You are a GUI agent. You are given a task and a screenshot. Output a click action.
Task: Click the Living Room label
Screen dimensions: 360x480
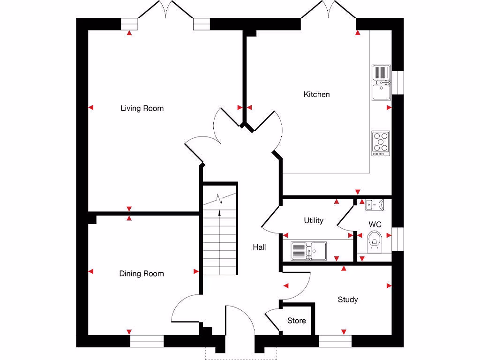142,108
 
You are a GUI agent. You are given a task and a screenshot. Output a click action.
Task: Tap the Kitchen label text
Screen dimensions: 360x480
316,94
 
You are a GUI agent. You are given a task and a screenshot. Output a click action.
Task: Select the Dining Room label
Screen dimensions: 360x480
141,273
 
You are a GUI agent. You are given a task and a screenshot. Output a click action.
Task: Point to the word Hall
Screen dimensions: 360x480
259,247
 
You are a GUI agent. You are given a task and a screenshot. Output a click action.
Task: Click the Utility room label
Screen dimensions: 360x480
313,220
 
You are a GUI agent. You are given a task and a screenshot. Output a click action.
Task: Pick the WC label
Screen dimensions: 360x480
375,225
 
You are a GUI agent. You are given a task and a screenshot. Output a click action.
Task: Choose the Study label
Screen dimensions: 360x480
347,299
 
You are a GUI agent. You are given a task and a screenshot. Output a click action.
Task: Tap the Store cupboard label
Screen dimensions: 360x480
296,321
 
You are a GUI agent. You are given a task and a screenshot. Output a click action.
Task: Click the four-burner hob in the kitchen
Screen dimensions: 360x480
381,143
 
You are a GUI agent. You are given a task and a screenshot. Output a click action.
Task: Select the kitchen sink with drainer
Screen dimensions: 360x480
382,82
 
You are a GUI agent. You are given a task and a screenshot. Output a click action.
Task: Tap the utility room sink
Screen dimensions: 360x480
308,250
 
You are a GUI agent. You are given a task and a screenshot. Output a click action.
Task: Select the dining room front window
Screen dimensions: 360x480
147,341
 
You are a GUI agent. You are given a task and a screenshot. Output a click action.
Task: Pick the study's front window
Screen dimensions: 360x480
335,341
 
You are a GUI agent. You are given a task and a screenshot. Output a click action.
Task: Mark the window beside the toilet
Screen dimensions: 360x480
398,239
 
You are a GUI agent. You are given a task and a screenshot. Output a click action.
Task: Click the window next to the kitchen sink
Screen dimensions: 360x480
398,82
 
